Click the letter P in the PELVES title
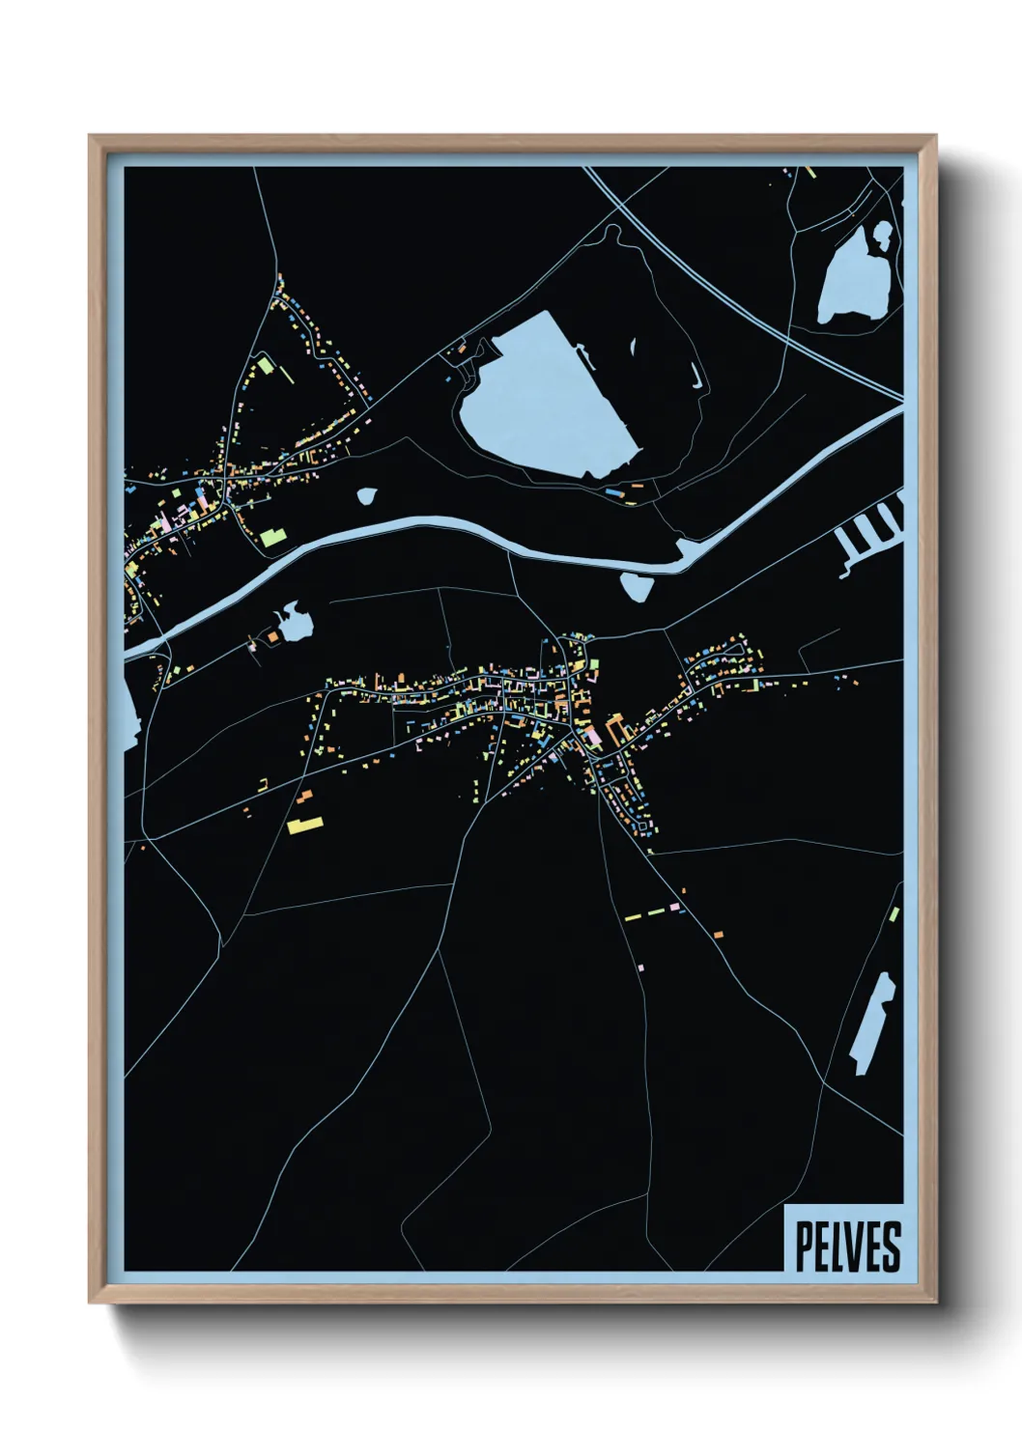[804, 1247]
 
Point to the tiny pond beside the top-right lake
[882, 232]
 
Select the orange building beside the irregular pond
[273, 636]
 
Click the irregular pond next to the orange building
[294, 622]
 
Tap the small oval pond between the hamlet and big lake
[366, 496]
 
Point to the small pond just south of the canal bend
[636, 586]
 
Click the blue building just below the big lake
[612, 491]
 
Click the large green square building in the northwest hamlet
[264, 366]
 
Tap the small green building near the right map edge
[894, 913]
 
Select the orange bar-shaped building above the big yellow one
[306, 796]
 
